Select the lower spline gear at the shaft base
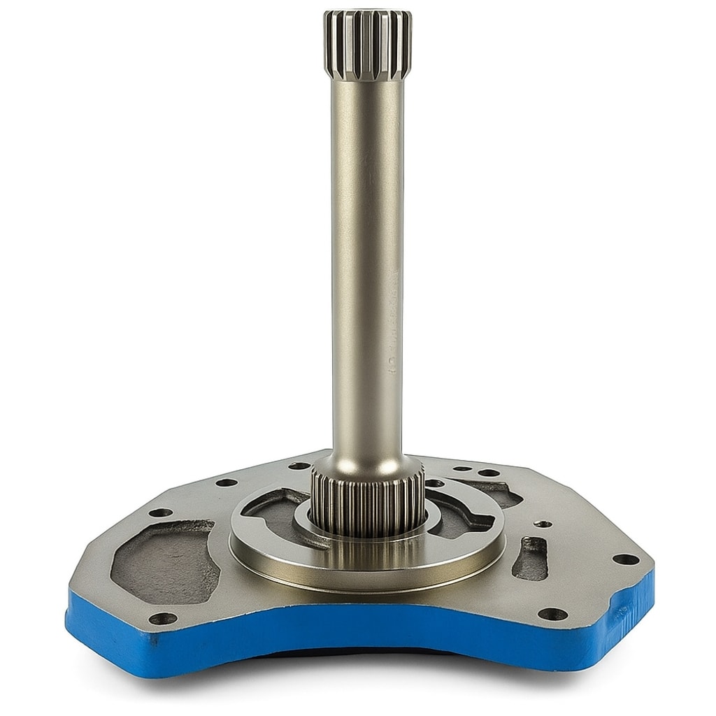pyautogui.click(x=367, y=500)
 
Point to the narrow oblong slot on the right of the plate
pyautogui.click(x=530, y=558)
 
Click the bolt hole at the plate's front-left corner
pyautogui.click(x=162, y=618)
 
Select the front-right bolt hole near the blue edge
pyautogui.click(x=552, y=615)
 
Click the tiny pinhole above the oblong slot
pyautogui.click(x=540, y=523)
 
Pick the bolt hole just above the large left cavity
pyautogui.click(x=161, y=513)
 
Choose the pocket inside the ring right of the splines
pyautogui.click(x=461, y=514)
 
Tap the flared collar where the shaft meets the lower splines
pyautogui.click(x=367, y=461)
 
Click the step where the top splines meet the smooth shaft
pyautogui.click(x=367, y=79)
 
